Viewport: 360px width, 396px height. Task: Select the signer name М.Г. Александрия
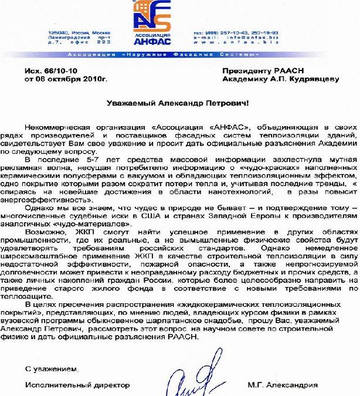pos(282,385)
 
